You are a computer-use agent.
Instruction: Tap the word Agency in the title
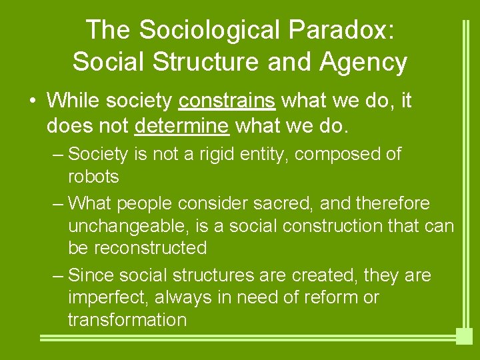point(363,62)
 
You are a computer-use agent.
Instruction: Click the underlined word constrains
point(227,101)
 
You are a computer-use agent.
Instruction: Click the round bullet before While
point(32,101)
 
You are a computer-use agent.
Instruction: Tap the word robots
point(93,177)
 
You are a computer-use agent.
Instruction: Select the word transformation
point(127,319)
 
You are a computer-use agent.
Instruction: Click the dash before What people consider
point(58,203)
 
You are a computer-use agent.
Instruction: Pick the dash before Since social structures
point(58,275)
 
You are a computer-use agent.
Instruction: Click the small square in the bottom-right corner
point(464,336)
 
